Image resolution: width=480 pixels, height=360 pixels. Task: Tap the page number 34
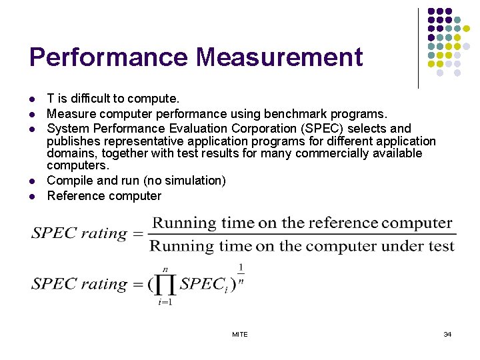pyautogui.click(x=447, y=334)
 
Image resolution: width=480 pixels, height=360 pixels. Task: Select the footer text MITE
pyautogui.click(x=240, y=334)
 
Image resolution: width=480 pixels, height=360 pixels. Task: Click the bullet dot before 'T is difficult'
pyautogui.click(x=33, y=99)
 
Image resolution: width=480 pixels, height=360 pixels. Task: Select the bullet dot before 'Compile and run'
pyautogui.click(x=33, y=181)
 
